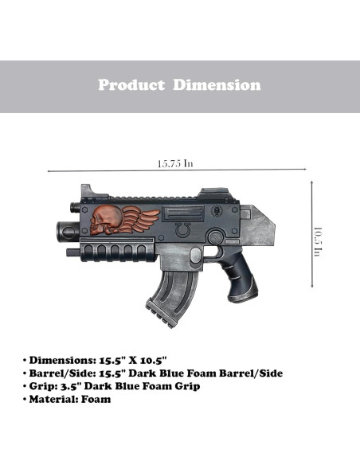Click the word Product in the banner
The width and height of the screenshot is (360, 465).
131,85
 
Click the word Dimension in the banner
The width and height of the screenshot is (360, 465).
217,85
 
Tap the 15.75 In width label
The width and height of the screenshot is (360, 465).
175,163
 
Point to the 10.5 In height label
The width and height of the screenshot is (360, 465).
318,242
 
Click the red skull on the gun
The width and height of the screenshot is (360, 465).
104,220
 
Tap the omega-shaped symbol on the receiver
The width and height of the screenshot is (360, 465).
182,230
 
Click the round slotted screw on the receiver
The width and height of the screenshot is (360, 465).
216,237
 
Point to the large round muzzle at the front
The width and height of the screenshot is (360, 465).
68,232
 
